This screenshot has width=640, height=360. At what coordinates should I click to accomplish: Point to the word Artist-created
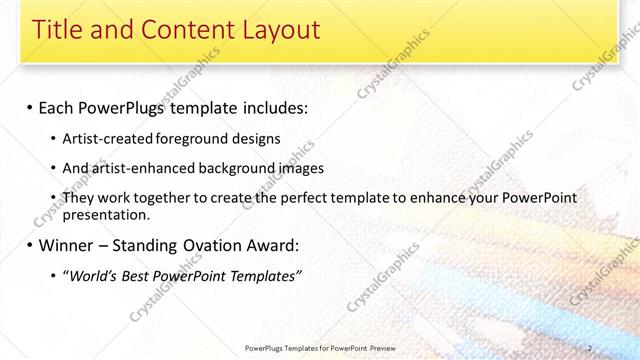[98, 138]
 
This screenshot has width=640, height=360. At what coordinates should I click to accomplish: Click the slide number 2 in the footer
[617, 347]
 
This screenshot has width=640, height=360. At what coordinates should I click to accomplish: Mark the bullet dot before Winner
[29, 245]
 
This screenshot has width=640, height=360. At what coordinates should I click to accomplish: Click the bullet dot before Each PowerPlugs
[29, 106]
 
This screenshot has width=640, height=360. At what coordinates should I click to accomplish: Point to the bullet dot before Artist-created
[53, 138]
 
